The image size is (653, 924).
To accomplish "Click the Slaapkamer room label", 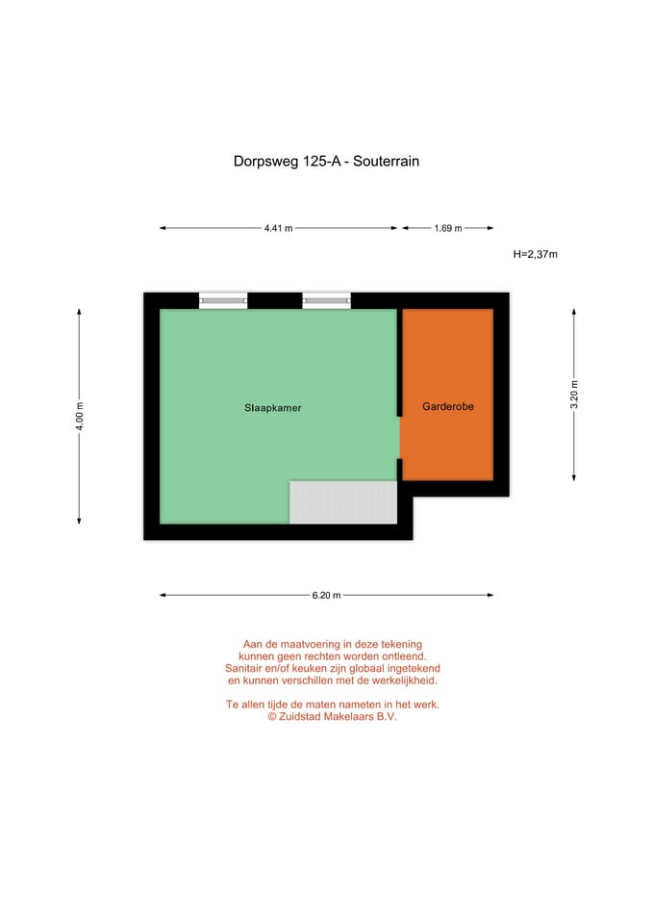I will coord(272,408).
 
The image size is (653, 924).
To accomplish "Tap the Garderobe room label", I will coord(447,407).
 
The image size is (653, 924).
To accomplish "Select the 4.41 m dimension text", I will coord(278,228).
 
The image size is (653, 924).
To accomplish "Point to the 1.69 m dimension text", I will coord(447,228).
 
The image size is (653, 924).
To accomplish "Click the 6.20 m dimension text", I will coord(326,595).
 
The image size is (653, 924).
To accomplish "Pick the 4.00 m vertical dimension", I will coord(80,416).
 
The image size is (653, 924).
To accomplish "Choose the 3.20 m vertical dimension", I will coord(574,395).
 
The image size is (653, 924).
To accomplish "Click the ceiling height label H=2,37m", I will coord(536,255).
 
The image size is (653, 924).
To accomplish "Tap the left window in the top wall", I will coord(223,301).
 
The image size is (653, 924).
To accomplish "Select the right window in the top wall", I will coord(326,301).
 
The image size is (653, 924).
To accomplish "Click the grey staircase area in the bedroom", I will coord(343,502).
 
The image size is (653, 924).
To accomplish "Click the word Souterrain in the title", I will coord(386,162).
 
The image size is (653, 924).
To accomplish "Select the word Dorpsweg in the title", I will coord(266,162).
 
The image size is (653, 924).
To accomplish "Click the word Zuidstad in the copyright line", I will coord(306,716).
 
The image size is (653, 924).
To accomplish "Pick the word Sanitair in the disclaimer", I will coord(246,668).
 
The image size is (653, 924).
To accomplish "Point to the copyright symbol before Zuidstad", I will coord(272,716).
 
